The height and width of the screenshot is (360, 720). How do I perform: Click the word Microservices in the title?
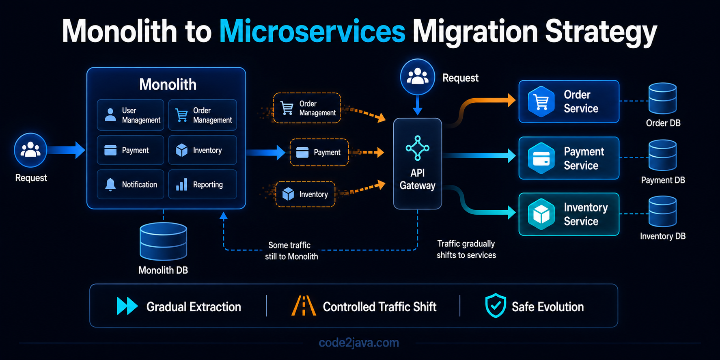coord(312,31)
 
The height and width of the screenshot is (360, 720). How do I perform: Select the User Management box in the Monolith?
coord(130,115)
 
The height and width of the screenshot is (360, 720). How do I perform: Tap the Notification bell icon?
coord(110,184)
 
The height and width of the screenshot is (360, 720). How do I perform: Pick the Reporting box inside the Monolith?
coord(203,184)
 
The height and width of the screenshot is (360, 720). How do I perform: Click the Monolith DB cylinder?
coord(163,241)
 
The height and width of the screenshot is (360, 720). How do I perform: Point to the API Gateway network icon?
coord(417,148)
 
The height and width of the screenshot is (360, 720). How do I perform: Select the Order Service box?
coord(569,101)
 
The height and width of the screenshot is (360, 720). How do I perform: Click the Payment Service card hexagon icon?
coord(541,158)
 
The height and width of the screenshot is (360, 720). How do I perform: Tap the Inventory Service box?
coord(569,214)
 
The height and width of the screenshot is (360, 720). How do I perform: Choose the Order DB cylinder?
coord(662,99)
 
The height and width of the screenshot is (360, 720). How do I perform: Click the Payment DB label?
coord(663,180)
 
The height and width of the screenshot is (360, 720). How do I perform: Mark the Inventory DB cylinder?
coord(662,211)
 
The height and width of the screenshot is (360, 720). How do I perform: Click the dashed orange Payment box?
coord(319,152)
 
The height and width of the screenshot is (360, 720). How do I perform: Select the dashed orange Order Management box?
coord(307,108)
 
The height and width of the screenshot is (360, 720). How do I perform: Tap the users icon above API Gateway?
coord(417,77)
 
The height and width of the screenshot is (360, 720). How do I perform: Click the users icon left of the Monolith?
coord(30,150)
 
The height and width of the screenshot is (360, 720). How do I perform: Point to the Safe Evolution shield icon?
coord(496,306)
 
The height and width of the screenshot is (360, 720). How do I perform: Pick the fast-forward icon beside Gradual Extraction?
coord(127,306)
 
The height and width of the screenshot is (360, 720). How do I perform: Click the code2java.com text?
coord(359,343)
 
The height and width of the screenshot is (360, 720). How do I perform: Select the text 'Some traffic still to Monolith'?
coord(291,251)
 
